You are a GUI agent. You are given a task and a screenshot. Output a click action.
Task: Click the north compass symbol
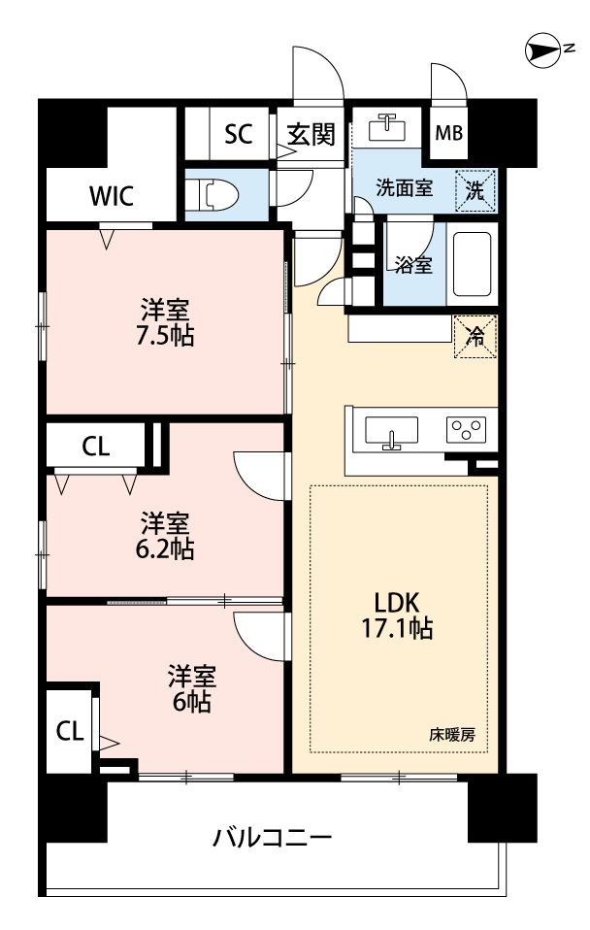[543, 50]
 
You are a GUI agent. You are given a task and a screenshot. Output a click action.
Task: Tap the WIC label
[112, 196]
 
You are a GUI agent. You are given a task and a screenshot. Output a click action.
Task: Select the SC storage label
[239, 134]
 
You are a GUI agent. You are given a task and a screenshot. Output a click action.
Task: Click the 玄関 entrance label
[311, 134]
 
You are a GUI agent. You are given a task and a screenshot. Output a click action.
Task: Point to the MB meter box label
[449, 133]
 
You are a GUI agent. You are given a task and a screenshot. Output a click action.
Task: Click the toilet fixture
[212, 195]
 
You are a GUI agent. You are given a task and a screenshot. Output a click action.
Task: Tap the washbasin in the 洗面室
[387, 127]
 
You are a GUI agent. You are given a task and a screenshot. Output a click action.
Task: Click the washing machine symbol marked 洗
[475, 191]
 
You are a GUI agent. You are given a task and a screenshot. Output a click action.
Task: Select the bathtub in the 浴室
[472, 264]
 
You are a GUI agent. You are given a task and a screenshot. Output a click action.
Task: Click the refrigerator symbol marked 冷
[475, 337]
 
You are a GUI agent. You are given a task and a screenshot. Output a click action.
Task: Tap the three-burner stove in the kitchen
[466, 429]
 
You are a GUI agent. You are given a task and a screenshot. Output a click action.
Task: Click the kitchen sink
[391, 431]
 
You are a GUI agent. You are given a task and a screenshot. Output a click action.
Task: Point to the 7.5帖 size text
[165, 336]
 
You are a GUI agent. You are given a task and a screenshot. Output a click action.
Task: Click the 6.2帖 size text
[165, 549]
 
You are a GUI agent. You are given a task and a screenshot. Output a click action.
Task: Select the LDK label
[397, 603]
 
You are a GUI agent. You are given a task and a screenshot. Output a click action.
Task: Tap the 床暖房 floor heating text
[452, 735]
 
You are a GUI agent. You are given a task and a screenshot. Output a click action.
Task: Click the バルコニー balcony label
[273, 838]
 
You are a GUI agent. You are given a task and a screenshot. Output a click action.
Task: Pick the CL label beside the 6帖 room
[70, 731]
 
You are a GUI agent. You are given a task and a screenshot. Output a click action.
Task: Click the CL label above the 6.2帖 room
[96, 447]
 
